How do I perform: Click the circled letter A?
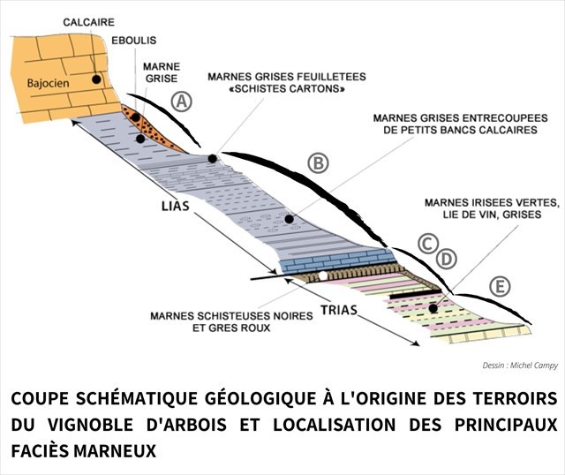click(181, 102)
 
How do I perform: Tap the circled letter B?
click(318, 162)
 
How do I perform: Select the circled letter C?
click(428, 242)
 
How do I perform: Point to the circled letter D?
click(447, 258)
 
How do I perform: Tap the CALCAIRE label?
click(87, 20)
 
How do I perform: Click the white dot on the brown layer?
click(324, 276)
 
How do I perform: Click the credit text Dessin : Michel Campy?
click(520, 365)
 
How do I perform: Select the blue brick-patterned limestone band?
click(335, 260)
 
